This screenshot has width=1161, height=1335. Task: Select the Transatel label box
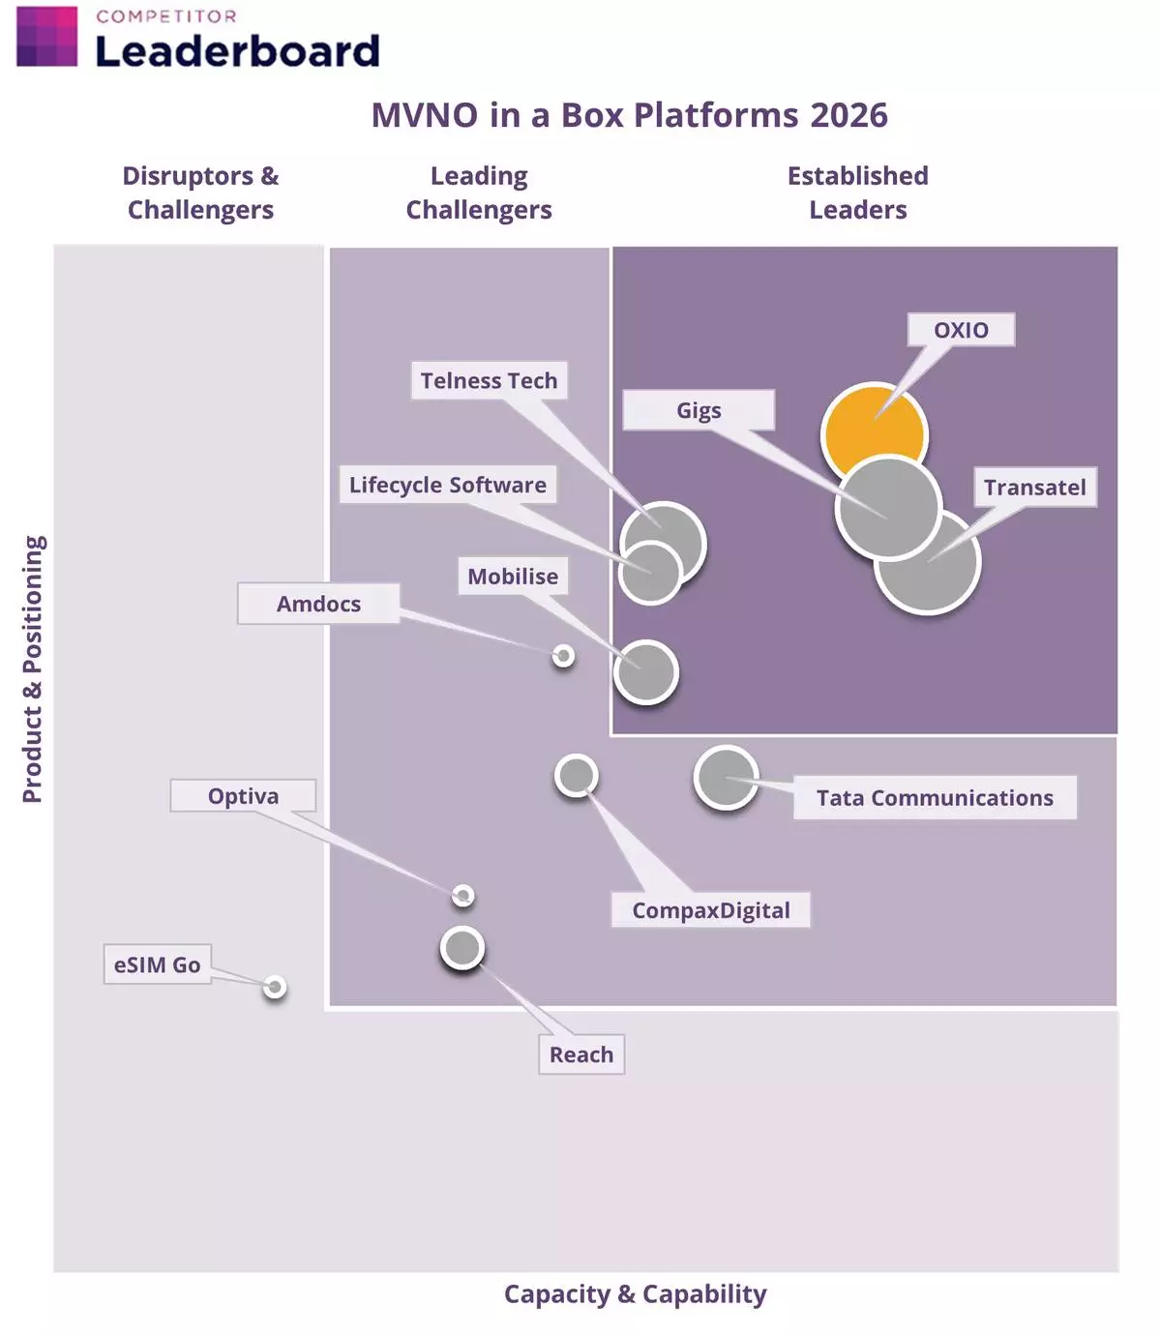[1034, 487]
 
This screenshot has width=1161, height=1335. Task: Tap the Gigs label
[699, 410]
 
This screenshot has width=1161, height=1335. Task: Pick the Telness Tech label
[489, 380]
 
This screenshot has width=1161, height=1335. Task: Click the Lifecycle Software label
[447, 484]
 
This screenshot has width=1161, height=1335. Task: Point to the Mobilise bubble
[645, 672]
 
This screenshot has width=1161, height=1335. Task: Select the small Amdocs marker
[563, 656]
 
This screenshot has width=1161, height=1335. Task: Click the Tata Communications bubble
[726, 777]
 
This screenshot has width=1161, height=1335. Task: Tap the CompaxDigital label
[710, 909]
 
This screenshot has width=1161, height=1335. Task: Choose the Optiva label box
[243, 795]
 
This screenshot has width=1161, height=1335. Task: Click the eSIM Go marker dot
[275, 987]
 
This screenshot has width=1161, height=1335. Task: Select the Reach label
[580, 1053]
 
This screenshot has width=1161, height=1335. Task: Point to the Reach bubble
[462, 948]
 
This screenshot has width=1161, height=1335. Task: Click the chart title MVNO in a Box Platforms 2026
[629, 115]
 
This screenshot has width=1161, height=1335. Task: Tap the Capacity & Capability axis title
[635, 1293]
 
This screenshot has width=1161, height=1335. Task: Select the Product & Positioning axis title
[33, 668]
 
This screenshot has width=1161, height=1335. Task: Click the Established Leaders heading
[857, 193]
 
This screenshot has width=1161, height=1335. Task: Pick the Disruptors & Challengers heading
[200, 193]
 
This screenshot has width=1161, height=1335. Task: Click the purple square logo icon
[46, 36]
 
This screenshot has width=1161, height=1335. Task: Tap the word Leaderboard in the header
[237, 51]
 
